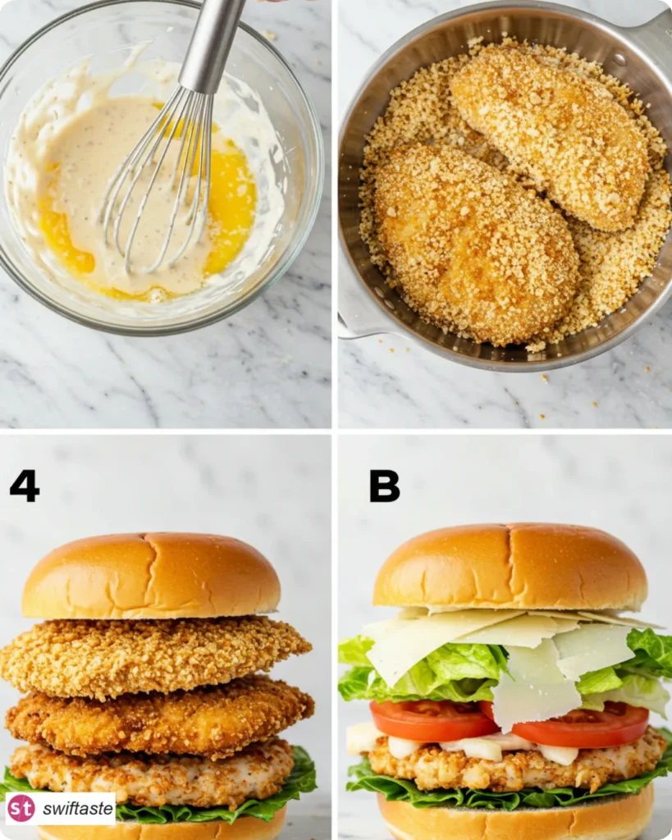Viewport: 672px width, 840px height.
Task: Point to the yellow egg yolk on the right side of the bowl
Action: [x=231, y=203]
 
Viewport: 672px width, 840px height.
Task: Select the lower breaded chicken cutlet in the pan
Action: [x=475, y=244]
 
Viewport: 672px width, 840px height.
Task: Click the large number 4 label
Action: [x=25, y=486]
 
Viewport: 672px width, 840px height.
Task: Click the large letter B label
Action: [x=384, y=486]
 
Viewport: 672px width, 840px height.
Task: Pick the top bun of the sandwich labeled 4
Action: [x=152, y=576]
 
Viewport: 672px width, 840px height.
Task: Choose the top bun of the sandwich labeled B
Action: [x=510, y=568]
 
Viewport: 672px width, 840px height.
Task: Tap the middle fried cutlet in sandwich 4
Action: [x=160, y=718]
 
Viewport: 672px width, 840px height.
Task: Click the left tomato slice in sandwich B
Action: [x=433, y=720]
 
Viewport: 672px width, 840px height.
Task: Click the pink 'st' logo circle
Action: [x=21, y=808]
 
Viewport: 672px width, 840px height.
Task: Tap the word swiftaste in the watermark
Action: [x=78, y=809]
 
